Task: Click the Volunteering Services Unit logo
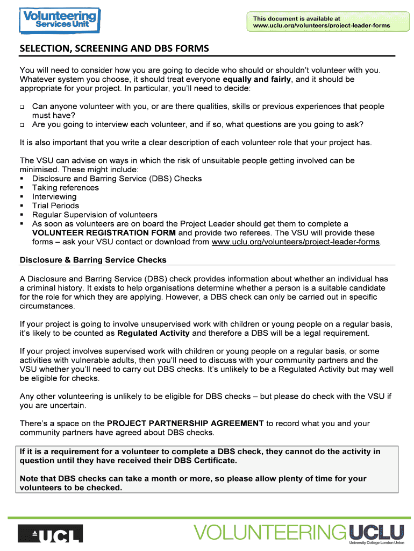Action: coord(59,20)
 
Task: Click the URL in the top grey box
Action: coord(322,26)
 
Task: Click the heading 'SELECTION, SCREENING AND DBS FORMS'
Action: coord(114,49)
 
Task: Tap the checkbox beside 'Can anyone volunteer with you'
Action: coord(23,107)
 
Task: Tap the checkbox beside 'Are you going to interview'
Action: coord(23,125)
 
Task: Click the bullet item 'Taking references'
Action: coord(66,188)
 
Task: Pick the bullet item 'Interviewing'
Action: coord(54,197)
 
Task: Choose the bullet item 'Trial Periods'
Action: coord(55,206)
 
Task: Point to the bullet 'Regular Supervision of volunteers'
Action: coord(95,215)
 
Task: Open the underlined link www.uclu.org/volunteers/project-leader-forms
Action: coord(296,242)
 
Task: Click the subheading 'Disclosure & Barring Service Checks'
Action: coord(93,260)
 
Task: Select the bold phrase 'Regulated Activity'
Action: coord(153,333)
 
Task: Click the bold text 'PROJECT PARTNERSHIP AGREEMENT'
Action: coord(185,423)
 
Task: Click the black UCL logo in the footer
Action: coord(51,533)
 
